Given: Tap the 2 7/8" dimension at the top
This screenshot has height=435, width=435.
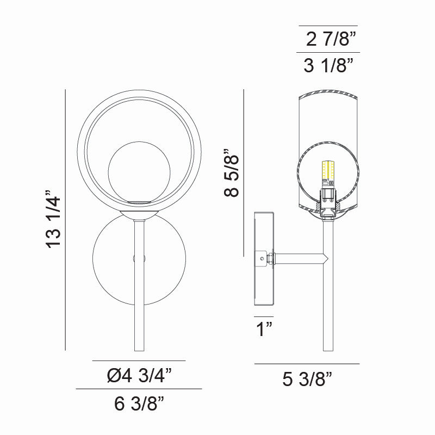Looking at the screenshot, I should pos(331,40).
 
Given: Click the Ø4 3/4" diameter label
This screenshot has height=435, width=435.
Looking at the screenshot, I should pos(139,375).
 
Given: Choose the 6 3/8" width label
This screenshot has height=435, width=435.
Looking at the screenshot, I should pos(139,404).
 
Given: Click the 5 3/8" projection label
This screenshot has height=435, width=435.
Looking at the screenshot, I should pos(307,379).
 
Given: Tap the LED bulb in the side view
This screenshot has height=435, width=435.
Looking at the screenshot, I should pos(327,173).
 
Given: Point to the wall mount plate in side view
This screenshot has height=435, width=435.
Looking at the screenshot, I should pos(264,259).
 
